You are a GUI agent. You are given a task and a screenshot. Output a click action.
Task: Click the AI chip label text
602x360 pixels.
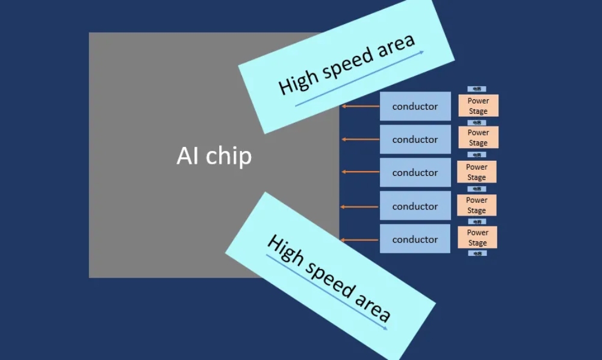pos(214,156)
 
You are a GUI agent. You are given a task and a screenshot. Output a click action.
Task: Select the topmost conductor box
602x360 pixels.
pos(415,107)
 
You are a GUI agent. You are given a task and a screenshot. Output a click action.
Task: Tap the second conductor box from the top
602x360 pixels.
pos(415,140)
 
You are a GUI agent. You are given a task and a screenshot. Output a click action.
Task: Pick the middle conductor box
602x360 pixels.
pos(415,173)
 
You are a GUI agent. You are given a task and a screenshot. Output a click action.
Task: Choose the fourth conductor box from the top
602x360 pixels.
pos(415,206)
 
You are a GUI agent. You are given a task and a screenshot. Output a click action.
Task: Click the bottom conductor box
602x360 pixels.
pos(415,239)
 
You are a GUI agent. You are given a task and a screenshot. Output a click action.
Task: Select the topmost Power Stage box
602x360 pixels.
pos(478,106)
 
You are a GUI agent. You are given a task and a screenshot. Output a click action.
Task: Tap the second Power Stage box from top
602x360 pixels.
pos(478,137)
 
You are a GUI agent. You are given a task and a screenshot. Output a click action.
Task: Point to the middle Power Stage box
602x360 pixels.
pos(476,172)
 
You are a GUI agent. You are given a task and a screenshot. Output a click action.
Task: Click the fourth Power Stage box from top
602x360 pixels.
pos(476,205)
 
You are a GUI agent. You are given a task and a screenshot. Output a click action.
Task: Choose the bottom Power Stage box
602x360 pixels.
pos(477,237)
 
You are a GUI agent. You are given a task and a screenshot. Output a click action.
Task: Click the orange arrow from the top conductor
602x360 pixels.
pos(360,107)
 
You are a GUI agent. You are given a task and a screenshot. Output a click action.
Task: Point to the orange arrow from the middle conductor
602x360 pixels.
pos(360,172)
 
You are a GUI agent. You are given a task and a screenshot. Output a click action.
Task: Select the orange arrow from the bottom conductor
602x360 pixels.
pos(360,240)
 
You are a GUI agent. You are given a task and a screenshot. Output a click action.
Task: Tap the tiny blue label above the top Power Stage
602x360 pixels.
pos(477,89)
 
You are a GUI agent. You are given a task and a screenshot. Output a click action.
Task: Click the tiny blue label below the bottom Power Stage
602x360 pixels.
pos(477,253)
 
